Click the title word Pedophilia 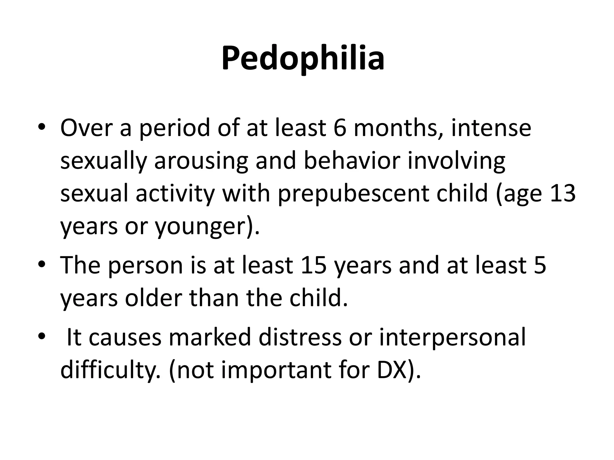click(303, 58)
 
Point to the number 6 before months click(340, 128)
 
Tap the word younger click(199, 227)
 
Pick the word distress click(300, 337)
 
